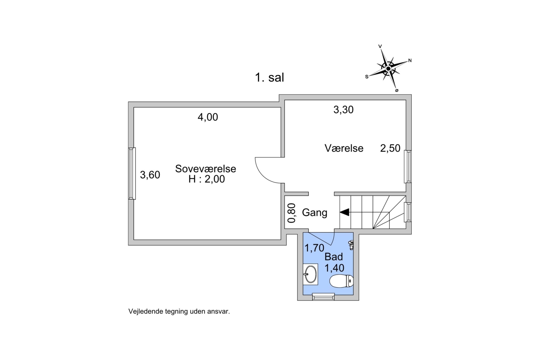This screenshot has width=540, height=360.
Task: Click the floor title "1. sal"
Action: point(270,78)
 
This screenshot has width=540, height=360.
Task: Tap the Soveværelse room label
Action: point(206,169)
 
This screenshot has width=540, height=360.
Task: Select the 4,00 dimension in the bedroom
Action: point(208,117)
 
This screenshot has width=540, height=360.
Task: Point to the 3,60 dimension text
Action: point(150,175)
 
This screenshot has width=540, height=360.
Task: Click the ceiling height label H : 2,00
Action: point(207,179)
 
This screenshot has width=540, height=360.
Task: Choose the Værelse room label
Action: point(344,148)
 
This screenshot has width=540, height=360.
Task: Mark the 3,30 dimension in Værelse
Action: point(344,110)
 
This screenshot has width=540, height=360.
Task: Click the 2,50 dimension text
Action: point(390,148)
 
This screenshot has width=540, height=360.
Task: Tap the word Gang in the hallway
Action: point(315,213)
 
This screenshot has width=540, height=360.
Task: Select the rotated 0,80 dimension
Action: point(292,213)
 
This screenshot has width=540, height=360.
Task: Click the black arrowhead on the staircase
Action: point(344,212)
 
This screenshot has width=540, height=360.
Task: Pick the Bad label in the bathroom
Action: point(334,257)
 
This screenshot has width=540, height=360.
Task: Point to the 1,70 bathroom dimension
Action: point(314,248)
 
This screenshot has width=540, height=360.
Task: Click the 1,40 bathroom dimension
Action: point(334,268)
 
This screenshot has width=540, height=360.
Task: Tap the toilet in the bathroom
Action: point(341,281)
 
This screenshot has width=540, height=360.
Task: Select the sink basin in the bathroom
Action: point(311,274)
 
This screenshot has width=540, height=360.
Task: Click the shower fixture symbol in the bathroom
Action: point(351,245)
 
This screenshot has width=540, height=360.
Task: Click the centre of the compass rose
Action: point(388,69)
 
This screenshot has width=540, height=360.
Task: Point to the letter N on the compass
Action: point(410,61)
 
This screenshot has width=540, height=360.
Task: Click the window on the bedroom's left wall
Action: point(132,174)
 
